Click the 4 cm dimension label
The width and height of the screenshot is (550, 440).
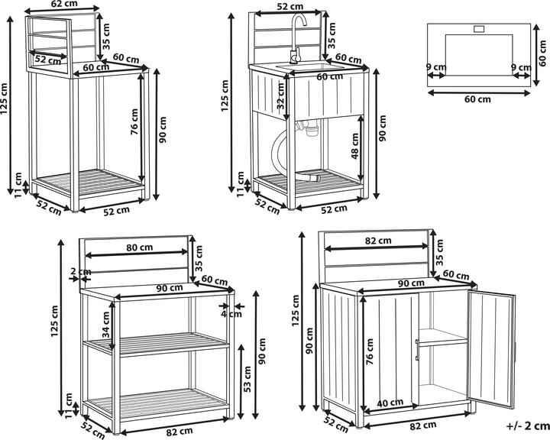pos(227,313)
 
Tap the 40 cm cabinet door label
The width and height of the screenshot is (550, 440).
pos(390,403)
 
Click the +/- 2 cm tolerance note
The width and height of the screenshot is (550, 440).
pos(528,426)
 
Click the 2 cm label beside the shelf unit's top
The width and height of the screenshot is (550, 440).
pos(79,272)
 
